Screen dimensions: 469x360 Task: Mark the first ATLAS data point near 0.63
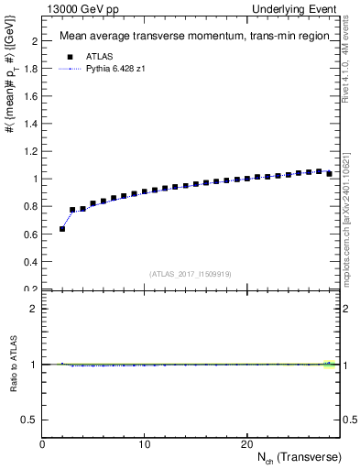point(62,229)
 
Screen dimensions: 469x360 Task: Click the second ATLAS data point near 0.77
point(72,210)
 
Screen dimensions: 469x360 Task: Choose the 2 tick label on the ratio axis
point(35,309)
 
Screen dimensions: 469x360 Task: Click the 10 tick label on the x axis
point(144,444)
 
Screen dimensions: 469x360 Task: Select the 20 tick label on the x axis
point(246,444)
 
